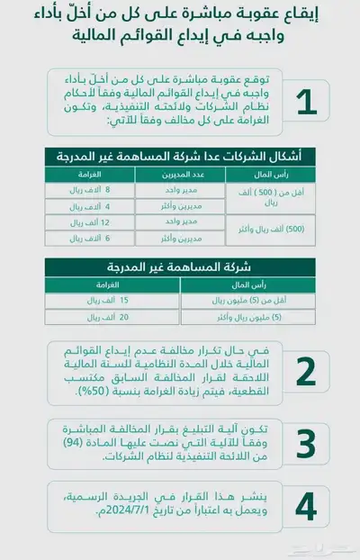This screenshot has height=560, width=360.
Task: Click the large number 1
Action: click(306, 102)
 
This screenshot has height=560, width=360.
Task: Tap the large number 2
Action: click(306, 371)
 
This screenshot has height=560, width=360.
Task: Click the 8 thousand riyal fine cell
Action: click(88, 190)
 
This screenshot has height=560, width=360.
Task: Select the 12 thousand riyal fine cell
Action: click(88, 221)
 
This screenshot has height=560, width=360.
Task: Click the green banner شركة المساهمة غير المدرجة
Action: click(180, 266)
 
